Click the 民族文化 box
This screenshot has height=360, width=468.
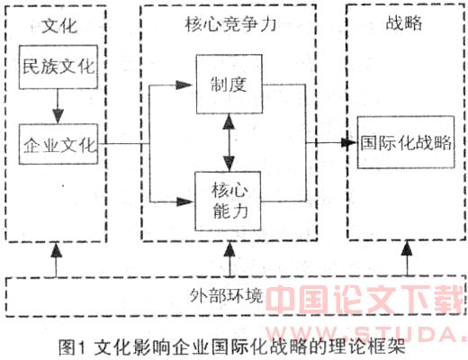coord(58,67)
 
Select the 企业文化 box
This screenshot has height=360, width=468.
coord(58,144)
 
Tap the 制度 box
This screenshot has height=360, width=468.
coord(229,84)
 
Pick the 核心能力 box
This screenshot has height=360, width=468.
coord(228,201)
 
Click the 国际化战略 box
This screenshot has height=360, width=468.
coord(406,142)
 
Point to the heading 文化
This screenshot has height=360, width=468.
coord(59,26)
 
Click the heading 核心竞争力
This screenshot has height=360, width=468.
coord(230,24)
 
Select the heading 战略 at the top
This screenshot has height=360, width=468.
coord(404,22)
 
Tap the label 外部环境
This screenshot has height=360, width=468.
coord(227,295)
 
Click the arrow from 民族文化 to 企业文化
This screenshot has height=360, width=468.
coord(58,106)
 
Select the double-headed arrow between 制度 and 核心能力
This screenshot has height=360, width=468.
coord(229,143)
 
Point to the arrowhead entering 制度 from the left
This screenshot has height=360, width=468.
coord(184,85)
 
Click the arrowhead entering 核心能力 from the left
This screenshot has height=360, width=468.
coord(184,202)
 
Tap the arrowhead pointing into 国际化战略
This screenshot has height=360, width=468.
coord(349,142)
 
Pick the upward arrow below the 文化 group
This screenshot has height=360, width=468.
coord(56,260)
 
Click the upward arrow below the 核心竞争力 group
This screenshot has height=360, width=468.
coord(229,259)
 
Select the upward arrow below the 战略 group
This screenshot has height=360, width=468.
coord(407,258)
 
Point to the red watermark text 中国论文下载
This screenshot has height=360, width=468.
coord(364,299)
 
